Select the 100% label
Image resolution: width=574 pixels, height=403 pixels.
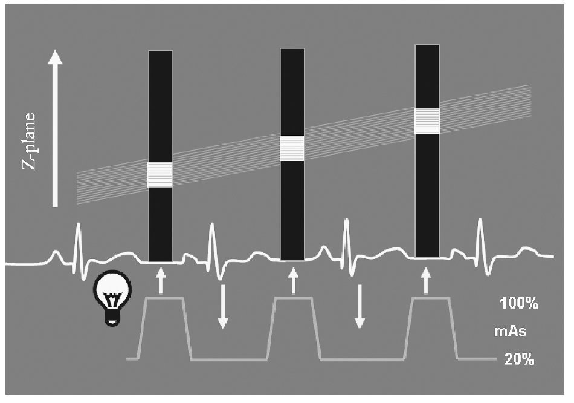(x=518, y=304)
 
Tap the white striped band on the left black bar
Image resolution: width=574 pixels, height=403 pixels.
(x=160, y=174)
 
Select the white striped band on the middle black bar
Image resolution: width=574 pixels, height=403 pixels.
(x=292, y=148)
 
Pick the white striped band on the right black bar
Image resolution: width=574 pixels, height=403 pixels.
(x=427, y=120)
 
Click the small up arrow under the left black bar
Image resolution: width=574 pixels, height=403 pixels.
(x=160, y=282)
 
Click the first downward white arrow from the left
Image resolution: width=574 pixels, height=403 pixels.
(x=222, y=306)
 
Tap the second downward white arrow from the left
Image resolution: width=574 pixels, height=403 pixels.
(x=360, y=306)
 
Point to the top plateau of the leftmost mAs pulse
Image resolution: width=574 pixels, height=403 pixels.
(x=164, y=298)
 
